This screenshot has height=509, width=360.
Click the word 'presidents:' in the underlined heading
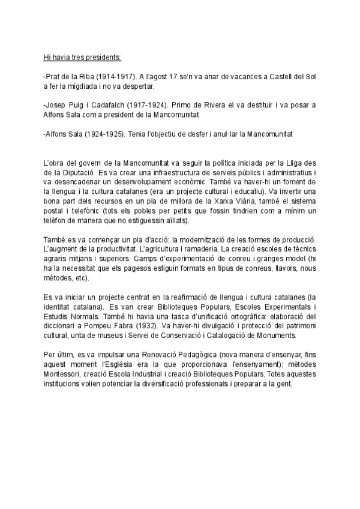(104, 58)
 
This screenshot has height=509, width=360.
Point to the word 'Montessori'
(63, 375)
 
